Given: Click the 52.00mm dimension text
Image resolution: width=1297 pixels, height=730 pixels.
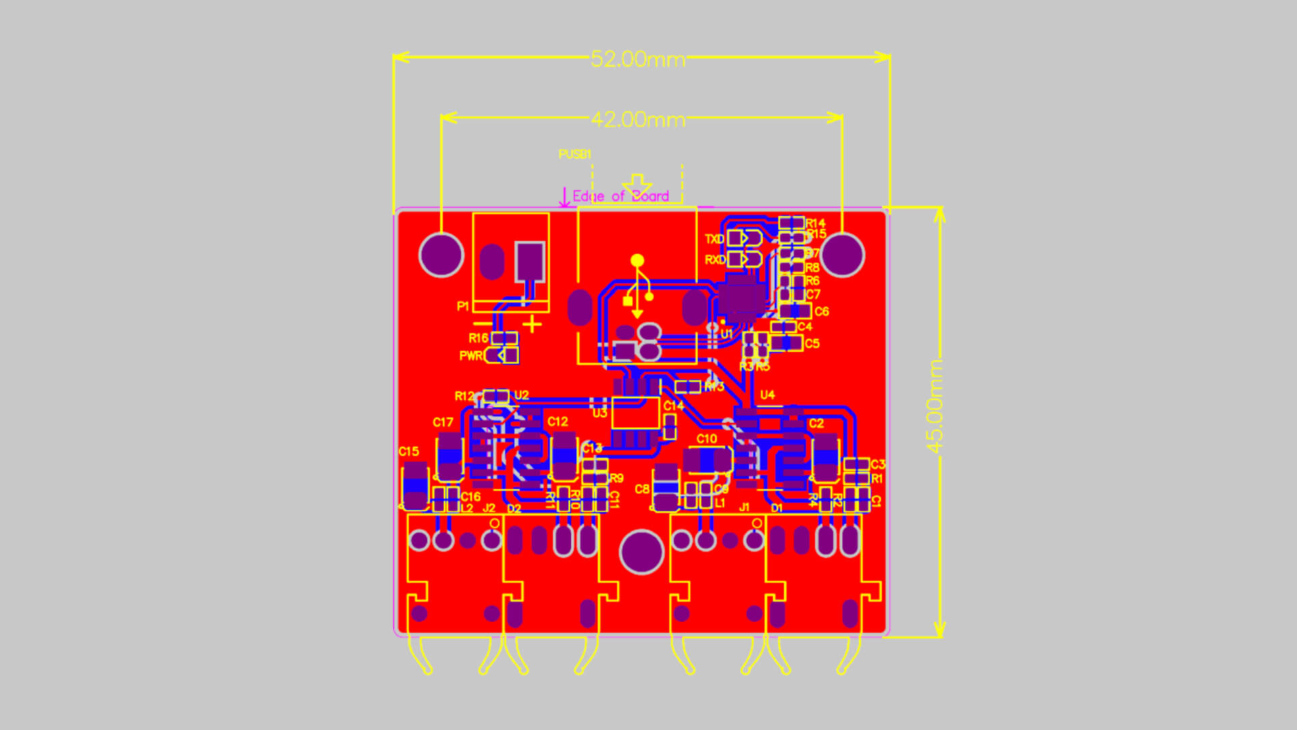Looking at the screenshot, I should pos(638,59).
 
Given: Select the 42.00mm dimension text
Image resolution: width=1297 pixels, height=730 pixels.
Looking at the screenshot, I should pos(638,120).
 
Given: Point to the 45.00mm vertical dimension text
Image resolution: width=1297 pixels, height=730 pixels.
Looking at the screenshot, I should pos(934,406).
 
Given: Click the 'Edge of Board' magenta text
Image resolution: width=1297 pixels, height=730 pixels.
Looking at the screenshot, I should pos(620,196).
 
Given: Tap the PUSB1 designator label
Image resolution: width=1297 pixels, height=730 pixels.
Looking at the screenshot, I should pos(574,154).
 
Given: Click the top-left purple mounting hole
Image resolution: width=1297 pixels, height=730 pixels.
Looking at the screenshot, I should pos(441,255).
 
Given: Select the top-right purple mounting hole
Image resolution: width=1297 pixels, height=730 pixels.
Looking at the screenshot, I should pos(842,255).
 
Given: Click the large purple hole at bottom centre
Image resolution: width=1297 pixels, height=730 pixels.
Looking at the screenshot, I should pos(641,552).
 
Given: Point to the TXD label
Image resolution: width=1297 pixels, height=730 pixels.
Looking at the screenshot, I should pos(714,239).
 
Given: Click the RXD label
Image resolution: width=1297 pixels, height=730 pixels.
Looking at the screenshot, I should pos(714,260).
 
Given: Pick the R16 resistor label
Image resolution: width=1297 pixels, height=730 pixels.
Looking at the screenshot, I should pos(478,338).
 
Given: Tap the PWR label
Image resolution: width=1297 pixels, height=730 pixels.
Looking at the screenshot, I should pos(471,356).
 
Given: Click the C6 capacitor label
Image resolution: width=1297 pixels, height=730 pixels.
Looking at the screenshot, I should pos(821,312).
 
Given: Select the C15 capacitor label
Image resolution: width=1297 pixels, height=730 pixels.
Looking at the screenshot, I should pos(409,451).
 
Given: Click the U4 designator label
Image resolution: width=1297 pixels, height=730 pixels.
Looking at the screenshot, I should pos(767,395).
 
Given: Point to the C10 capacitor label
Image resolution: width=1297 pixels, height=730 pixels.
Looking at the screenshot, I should pos(707,439).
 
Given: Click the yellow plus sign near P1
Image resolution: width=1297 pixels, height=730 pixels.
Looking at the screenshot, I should pos(532,325).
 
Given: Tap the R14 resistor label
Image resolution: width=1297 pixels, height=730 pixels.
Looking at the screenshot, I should pos(815,223).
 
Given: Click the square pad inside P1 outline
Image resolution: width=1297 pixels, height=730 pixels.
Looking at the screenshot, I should pos(530,260).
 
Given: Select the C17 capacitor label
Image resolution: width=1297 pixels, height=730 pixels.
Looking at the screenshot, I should pos(443,422).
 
